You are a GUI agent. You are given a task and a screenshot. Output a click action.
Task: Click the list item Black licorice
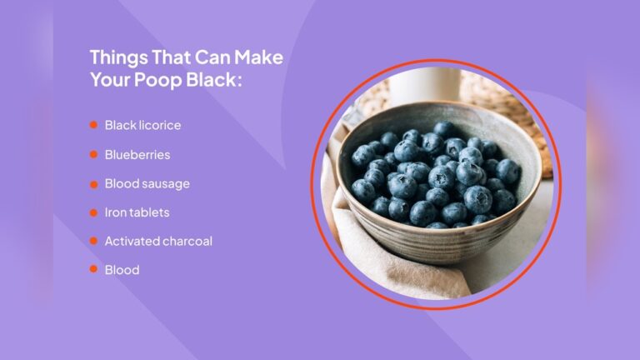pyautogui.click(x=142, y=126)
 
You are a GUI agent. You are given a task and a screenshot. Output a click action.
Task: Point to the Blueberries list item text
pyautogui.click(x=137, y=155)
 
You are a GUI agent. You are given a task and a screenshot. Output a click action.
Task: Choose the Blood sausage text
pyautogui.click(x=147, y=183)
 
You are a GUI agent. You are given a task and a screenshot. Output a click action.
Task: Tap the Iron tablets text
pyautogui.click(x=137, y=212)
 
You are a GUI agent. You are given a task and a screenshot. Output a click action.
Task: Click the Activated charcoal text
pyautogui.click(x=158, y=242)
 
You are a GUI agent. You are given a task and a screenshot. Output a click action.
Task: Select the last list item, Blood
pyautogui.click(x=122, y=270)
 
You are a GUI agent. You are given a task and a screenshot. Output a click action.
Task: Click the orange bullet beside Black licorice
pyautogui.click(x=93, y=126)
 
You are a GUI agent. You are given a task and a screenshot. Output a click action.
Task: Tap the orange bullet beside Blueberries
pyautogui.click(x=93, y=155)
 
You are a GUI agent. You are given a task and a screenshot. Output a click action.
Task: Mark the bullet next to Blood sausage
pyautogui.click(x=93, y=183)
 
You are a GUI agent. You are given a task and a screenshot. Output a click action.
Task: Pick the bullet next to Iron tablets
pyautogui.click(x=93, y=212)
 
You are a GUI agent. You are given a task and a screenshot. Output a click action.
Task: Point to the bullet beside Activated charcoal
pyautogui.click(x=93, y=242)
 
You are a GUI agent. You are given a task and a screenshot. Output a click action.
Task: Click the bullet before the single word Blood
pyautogui.click(x=93, y=270)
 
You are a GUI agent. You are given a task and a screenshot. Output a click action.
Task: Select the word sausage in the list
pyautogui.click(x=167, y=184)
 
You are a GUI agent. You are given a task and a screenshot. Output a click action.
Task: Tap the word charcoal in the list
pyautogui.click(x=186, y=242)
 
